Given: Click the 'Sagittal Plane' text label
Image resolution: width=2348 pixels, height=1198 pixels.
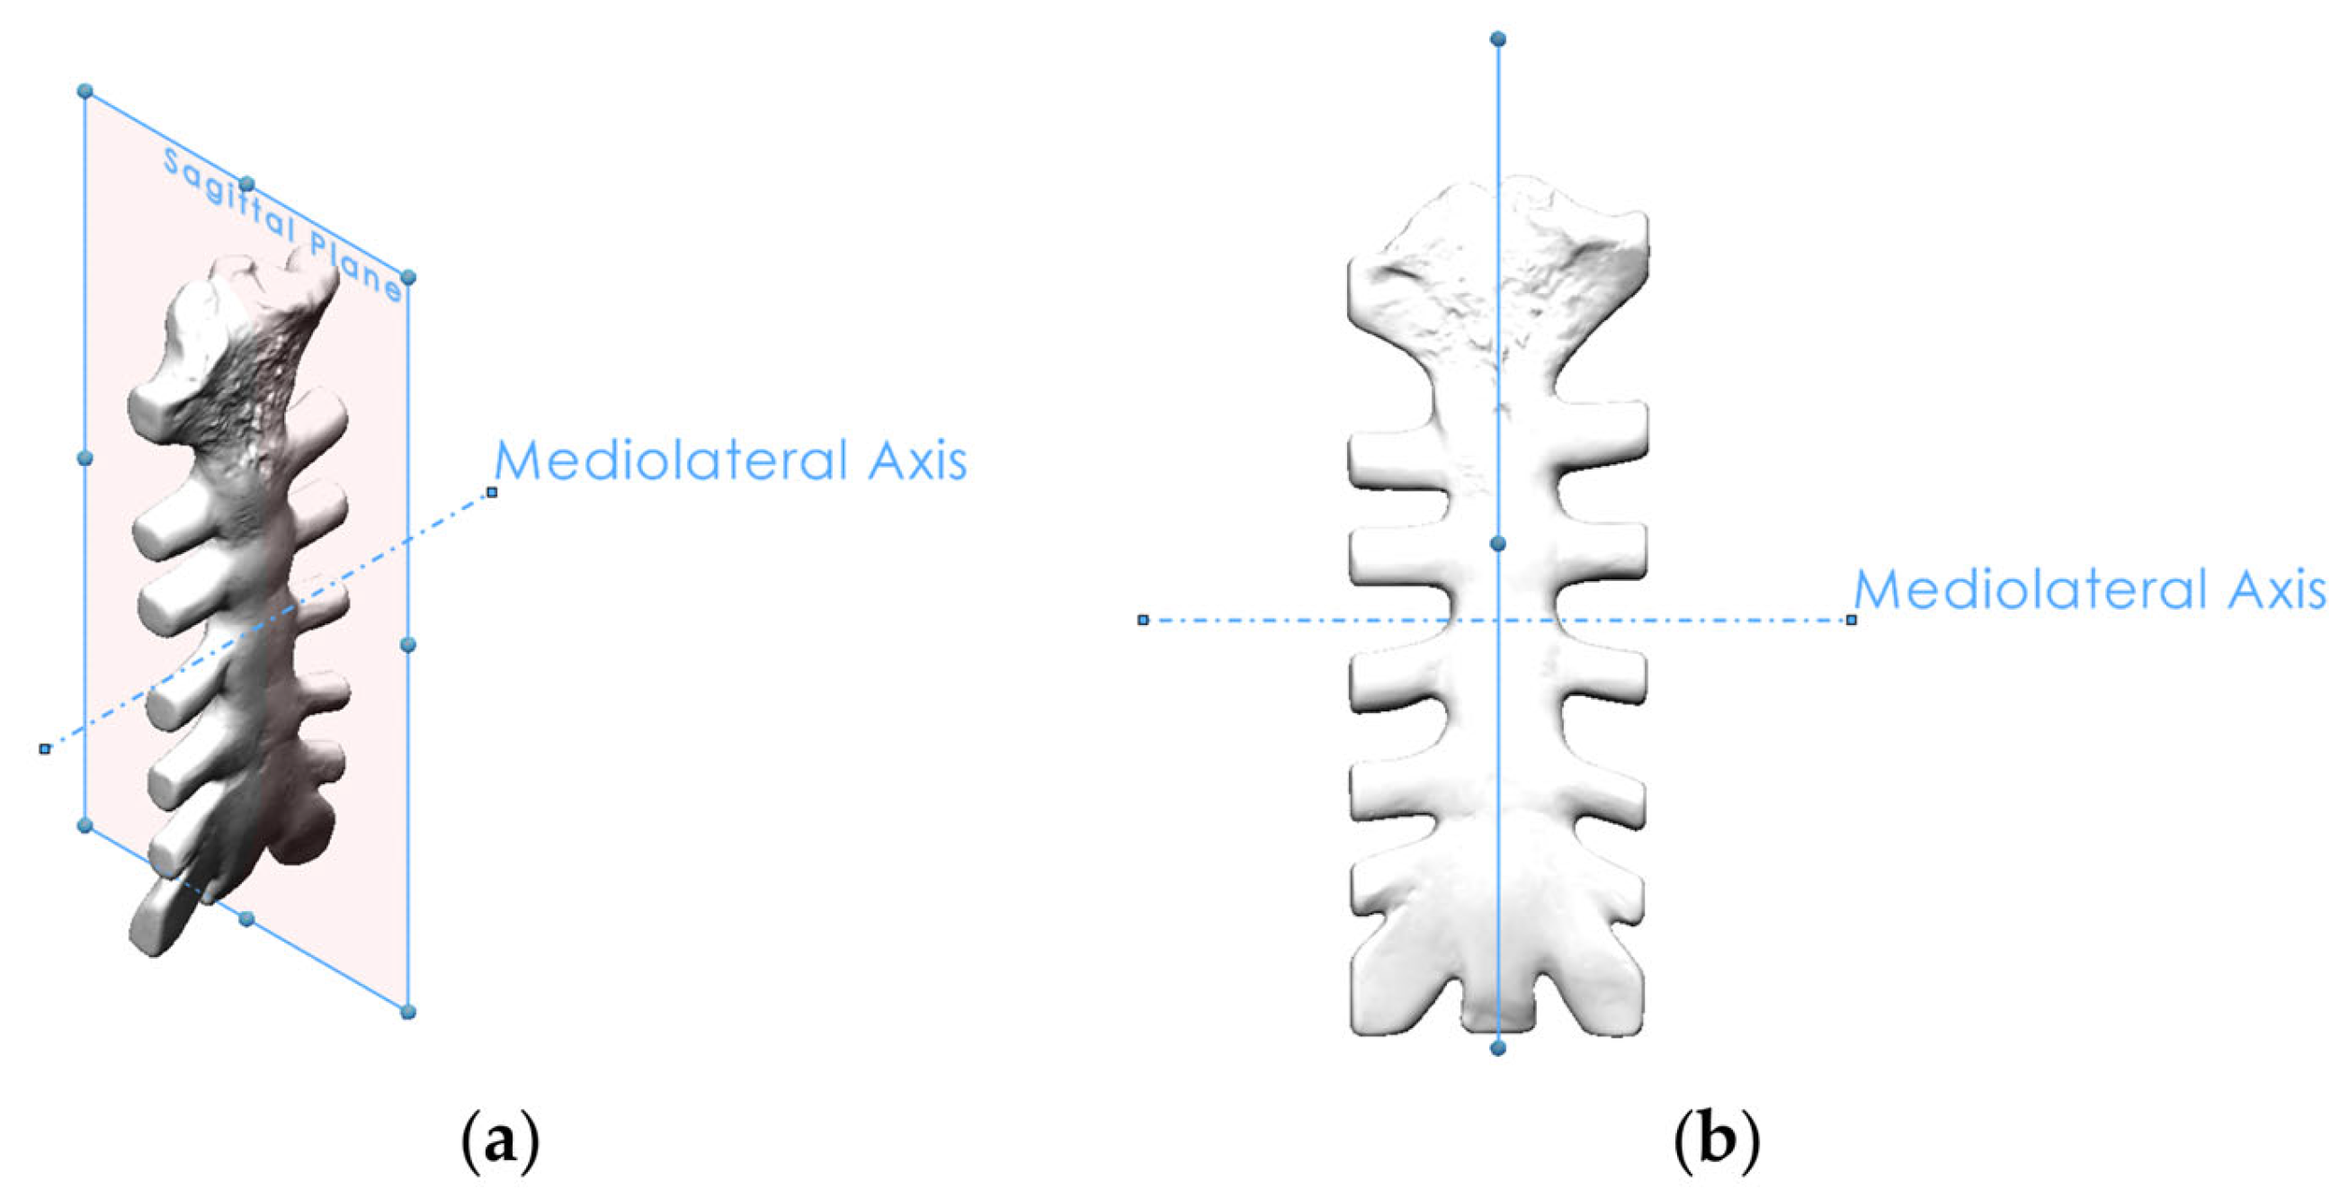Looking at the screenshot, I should coord(281,223).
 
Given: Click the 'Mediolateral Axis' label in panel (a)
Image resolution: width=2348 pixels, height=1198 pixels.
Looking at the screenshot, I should coord(730,460).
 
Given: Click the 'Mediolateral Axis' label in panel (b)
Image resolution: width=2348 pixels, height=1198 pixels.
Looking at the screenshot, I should coord(2090,590).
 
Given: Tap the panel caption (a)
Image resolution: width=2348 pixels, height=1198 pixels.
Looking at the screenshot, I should coord(500,1140).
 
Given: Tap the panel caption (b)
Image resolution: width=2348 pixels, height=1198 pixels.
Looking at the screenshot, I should coord(1718,1140).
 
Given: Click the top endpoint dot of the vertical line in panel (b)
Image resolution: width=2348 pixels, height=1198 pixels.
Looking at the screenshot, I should coord(1497,40).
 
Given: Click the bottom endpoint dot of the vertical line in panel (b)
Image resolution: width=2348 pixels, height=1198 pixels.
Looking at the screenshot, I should coord(1497,1049).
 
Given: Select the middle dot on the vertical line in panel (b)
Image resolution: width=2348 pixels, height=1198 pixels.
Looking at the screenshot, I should coord(1497,544).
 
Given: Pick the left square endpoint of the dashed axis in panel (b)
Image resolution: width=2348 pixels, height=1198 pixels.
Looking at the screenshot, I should coord(1143,620).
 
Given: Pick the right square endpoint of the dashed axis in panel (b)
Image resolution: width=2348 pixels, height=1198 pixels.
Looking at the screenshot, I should coord(1852,620).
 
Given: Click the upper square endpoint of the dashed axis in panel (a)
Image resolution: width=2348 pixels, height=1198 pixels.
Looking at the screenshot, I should coord(492,492).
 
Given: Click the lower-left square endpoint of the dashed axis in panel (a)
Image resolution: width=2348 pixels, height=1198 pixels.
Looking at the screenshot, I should coord(45,748).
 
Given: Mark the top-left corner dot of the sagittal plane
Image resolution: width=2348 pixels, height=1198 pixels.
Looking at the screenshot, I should coord(85,91).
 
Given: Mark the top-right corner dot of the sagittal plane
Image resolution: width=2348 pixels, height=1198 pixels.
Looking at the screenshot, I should coord(408,277).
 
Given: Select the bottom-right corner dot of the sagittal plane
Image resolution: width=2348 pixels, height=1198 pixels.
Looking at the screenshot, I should coord(408,1012).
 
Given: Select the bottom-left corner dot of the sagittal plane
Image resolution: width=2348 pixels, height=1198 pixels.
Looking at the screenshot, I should coord(85,826).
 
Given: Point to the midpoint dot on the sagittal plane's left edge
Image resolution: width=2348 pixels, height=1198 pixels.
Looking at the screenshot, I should coord(85,458).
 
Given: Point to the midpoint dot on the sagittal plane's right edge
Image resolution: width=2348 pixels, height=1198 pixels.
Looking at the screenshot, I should coord(408,646).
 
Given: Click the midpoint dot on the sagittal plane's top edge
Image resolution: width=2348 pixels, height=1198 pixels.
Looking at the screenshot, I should coord(247,185).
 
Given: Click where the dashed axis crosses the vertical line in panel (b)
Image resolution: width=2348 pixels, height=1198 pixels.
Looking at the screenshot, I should coord(1497,620).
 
